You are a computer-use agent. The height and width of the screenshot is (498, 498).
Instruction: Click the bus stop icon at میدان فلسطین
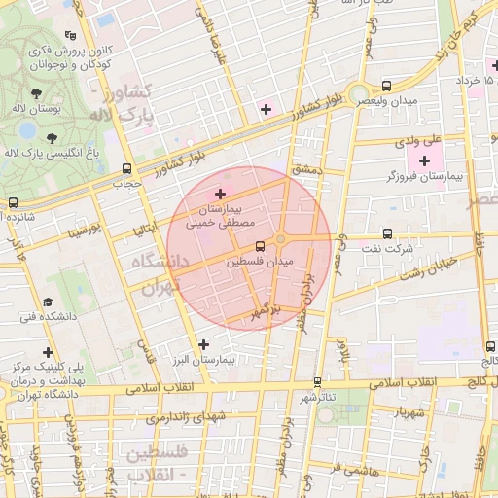click(x=259, y=247)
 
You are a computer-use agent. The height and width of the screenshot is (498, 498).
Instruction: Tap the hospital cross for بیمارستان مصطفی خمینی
click(x=220, y=195)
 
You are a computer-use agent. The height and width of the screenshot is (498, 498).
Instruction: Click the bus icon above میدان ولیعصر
click(x=388, y=86)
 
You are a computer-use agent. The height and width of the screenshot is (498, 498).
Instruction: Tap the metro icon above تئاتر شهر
click(x=318, y=381)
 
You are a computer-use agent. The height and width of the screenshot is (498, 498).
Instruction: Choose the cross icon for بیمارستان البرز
click(x=203, y=344)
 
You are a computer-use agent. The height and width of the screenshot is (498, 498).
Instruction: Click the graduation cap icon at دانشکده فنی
click(x=48, y=302)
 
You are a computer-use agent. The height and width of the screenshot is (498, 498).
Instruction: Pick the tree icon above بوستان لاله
click(x=36, y=94)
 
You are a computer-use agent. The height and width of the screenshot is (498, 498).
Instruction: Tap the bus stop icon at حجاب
click(x=126, y=169)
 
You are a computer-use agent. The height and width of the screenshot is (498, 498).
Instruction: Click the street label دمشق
click(x=304, y=170)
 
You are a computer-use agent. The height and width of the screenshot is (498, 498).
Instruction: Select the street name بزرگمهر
click(x=264, y=313)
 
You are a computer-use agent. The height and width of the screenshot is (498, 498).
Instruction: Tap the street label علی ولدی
click(x=419, y=141)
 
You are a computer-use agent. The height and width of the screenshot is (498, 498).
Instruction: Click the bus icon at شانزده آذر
click(x=13, y=203)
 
